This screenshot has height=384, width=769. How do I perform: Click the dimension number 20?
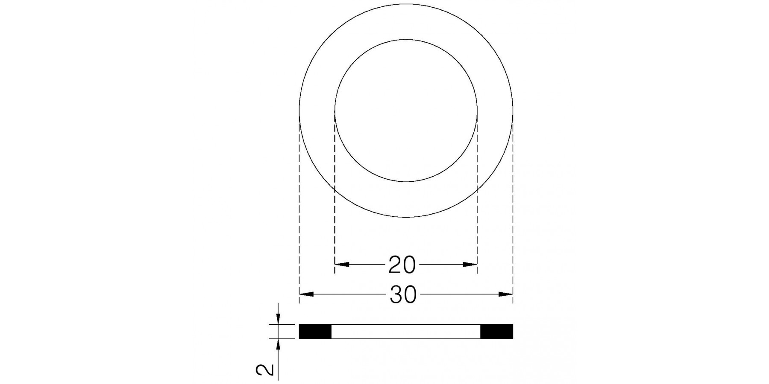click(402, 265)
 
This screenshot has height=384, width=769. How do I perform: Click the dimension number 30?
click(403, 295)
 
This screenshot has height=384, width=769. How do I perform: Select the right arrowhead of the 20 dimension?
click(470, 265)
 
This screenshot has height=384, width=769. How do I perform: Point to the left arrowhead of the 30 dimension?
click(307, 294)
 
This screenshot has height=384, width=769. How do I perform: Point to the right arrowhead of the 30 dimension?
click(505, 294)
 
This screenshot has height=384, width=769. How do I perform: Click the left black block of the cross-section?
click(315, 332)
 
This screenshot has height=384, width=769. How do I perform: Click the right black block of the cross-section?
click(496, 332)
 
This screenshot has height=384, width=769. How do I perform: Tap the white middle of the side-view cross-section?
click(406, 332)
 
